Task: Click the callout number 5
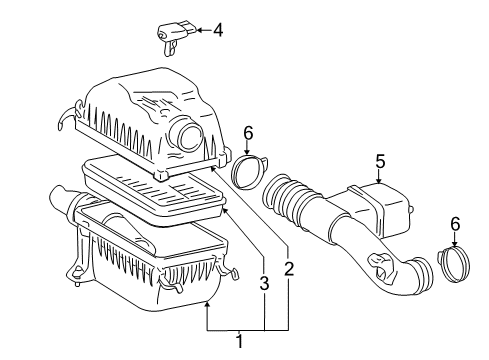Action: (x=379, y=160)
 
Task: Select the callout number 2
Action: (x=289, y=268)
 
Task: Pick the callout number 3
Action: (x=264, y=285)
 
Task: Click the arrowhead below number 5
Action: (x=379, y=180)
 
